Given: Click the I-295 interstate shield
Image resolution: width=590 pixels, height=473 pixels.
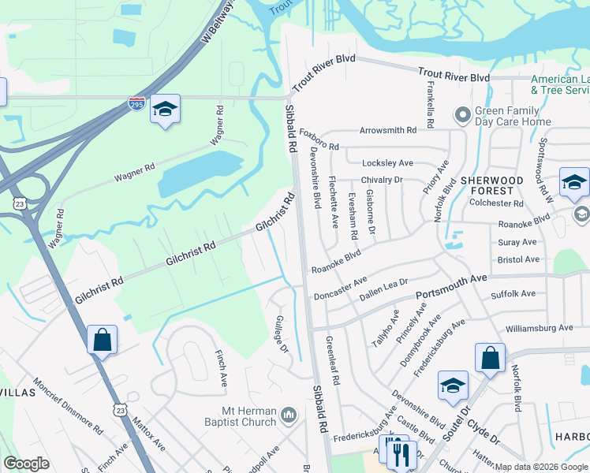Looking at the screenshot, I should [x=137, y=104].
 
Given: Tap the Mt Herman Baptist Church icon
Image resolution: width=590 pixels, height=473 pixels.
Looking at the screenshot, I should [x=289, y=414].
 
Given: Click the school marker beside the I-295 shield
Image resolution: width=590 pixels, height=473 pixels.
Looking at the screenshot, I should [x=166, y=110].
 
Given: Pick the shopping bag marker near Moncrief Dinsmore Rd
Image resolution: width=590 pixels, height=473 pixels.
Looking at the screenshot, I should [x=102, y=341].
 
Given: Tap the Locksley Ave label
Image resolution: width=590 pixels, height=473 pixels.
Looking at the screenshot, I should [x=387, y=163].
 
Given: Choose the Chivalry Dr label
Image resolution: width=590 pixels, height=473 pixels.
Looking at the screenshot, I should [x=382, y=180].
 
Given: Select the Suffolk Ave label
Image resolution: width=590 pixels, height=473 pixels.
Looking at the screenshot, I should [x=513, y=294].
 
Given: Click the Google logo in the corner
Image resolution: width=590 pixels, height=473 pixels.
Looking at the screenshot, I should [x=27, y=464].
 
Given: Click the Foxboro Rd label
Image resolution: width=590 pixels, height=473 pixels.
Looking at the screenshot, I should [x=319, y=146].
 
